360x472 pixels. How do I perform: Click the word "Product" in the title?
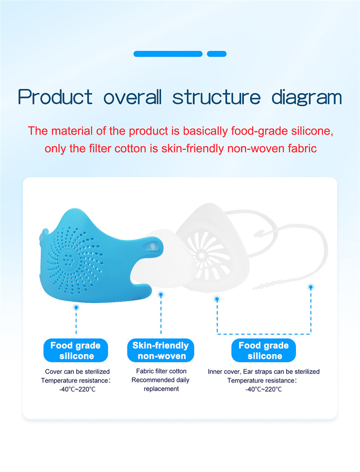click(55, 97)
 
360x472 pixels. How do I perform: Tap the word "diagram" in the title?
click(307, 98)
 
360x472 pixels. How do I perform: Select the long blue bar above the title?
click(168, 54)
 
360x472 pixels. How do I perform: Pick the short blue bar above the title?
click(216, 54)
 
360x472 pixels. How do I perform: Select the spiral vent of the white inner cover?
click(208, 255)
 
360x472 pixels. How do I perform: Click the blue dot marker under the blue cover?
click(76, 307)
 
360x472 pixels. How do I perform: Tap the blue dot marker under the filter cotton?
click(161, 295)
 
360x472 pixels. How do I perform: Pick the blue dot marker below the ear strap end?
click(310, 288)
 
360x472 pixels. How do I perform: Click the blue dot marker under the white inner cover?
click(217, 299)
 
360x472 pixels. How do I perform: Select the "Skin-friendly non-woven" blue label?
click(161, 350)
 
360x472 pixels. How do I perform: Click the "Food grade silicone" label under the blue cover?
click(76, 350)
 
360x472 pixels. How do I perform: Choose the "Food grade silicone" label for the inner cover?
click(264, 350)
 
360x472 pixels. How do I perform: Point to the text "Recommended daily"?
click(160, 380)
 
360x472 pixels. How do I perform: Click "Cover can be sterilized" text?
click(77, 371)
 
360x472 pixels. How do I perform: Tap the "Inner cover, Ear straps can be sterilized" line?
click(264, 371)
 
